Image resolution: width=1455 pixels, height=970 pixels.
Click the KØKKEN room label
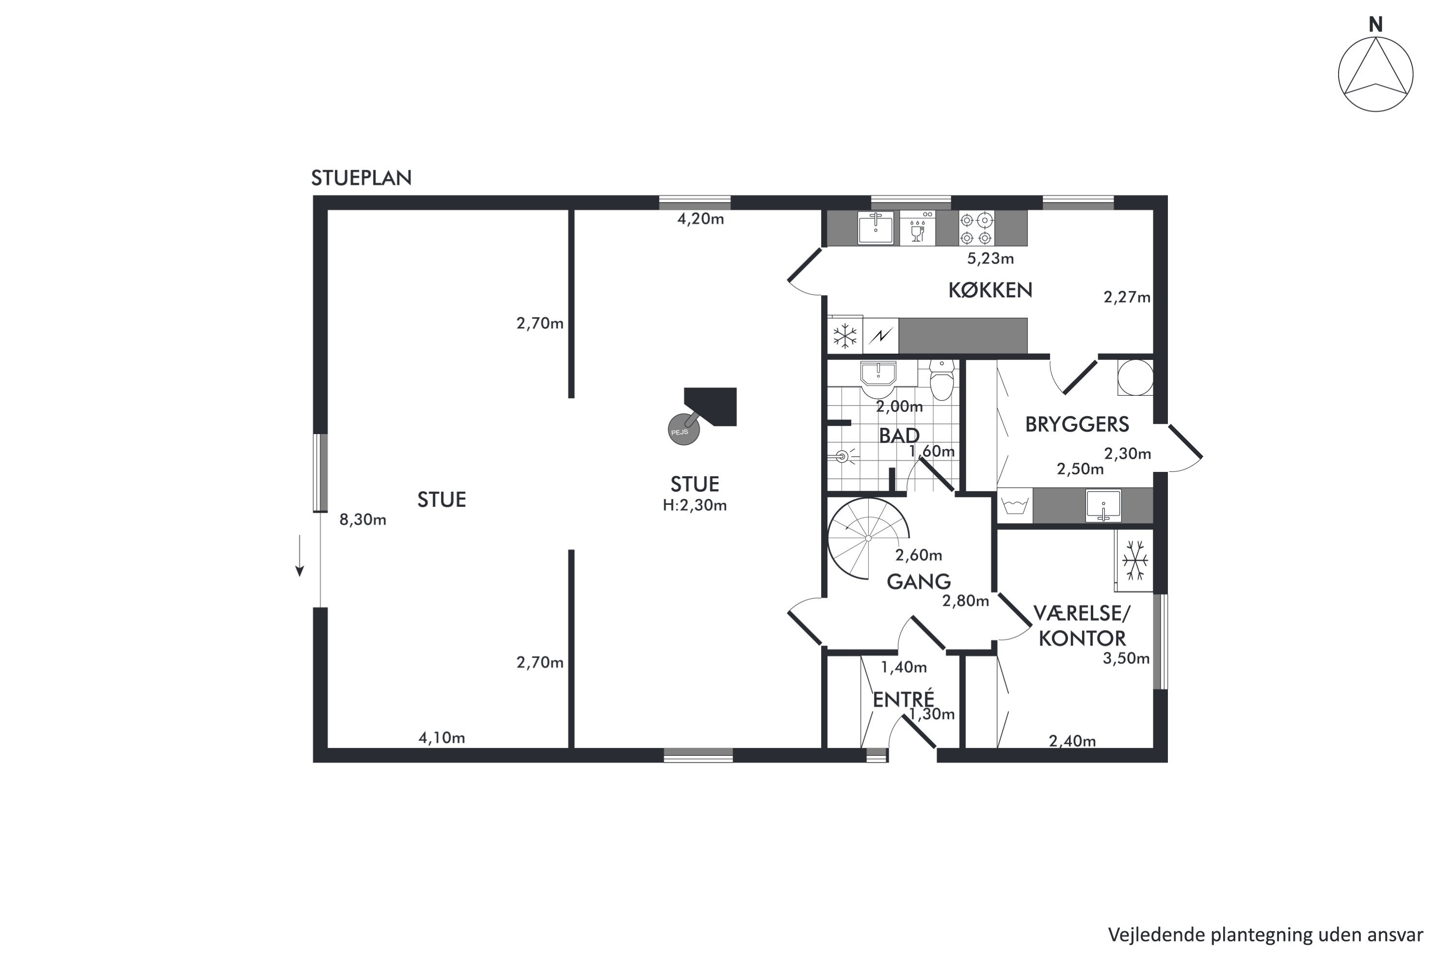990,290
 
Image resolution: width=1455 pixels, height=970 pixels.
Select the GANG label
919,582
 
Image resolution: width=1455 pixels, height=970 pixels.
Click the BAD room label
899,436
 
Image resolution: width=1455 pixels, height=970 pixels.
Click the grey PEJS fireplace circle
683,429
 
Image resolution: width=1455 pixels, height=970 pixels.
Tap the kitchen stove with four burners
977,228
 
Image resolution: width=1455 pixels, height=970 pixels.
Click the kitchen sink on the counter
875,227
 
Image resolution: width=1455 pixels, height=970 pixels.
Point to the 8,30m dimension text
362,519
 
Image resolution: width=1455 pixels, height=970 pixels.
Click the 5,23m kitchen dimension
990,259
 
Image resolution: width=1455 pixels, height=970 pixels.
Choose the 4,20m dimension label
700,219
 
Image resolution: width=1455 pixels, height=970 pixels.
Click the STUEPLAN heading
361,178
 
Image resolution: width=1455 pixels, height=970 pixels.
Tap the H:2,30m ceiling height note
695,505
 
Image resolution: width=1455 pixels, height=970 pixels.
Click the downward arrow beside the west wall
299,555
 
